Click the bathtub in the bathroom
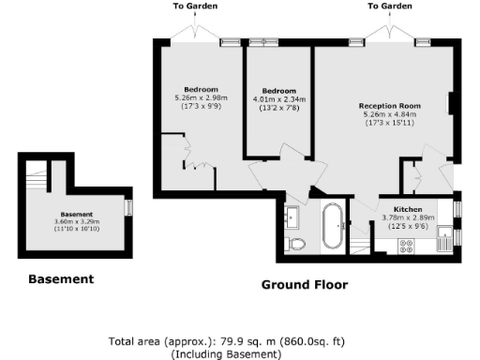[x=333, y=227]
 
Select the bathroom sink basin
[x=293, y=217]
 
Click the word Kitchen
[x=408, y=209]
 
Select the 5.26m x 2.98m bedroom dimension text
[x=201, y=97]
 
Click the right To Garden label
[x=389, y=6]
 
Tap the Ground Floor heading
[x=304, y=284]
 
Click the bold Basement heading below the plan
[x=60, y=278]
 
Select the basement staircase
[x=37, y=175]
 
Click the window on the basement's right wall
[x=128, y=207]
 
